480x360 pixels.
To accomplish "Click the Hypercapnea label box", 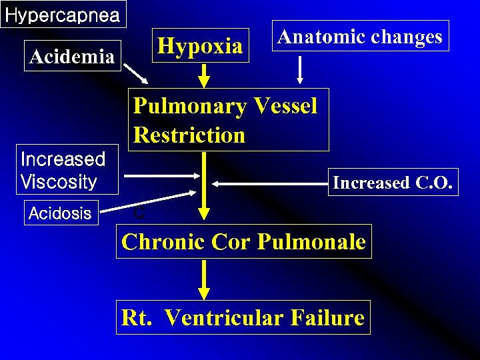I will [63, 15].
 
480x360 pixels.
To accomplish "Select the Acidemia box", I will [72, 57].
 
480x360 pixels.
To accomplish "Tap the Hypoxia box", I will [200, 45].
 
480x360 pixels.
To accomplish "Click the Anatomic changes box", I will [360, 36].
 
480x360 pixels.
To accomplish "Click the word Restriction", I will [189, 135].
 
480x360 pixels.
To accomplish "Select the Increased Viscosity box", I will [63, 170].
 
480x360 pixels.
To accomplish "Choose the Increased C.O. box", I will [394, 182].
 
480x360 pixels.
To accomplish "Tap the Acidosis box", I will [61, 213].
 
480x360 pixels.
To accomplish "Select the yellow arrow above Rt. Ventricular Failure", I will [204, 280].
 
